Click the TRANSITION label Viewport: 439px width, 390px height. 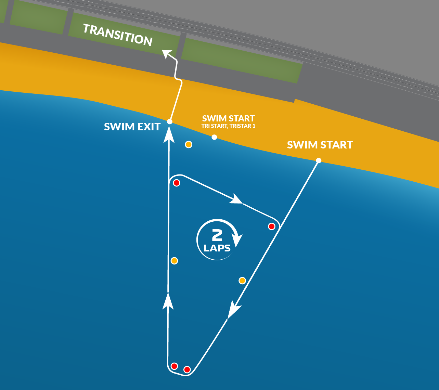point(118,35)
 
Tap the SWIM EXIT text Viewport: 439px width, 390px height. point(132,127)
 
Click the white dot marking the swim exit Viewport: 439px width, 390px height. point(169,121)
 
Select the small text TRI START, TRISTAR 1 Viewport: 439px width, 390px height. point(229,126)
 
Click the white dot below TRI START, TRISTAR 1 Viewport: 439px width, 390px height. point(214,137)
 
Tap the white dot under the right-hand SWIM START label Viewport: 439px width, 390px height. point(319,160)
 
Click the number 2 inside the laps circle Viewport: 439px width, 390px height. point(217,235)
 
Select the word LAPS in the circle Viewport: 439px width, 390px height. point(217,248)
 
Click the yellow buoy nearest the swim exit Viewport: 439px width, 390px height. point(189,144)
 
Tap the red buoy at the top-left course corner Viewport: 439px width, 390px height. point(177,183)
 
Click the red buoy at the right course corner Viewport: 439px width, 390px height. point(272,226)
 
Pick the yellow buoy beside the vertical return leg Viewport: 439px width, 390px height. point(174,261)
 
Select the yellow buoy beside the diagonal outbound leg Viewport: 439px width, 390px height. point(242,281)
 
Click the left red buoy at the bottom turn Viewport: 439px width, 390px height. point(174,366)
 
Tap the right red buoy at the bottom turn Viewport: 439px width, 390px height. point(187,369)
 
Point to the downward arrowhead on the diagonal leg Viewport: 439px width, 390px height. point(233,310)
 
